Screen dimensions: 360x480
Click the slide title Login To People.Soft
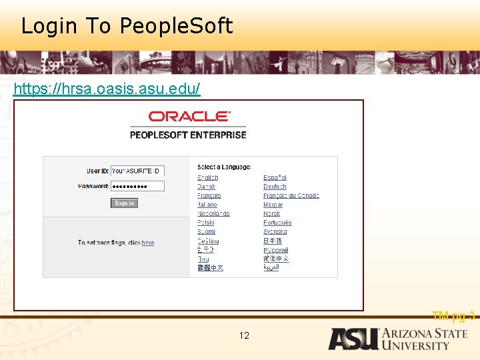(127, 26)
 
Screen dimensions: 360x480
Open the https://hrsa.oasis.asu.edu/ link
(107, 89)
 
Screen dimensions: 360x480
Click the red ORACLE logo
(189, 116)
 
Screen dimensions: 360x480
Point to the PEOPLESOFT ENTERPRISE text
(188, 135)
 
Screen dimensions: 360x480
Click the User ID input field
(137, 171)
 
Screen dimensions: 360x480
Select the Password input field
(137, 186)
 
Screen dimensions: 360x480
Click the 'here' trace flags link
(148, 243)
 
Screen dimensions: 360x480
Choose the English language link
(207, 178)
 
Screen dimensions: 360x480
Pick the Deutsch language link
(275, 187)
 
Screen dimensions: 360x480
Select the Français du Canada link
(291, 196)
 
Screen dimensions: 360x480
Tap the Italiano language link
(207, 205)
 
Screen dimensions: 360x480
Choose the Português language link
(277, 223)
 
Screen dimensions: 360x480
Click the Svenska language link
(275, 231)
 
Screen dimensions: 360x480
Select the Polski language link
(206, 223)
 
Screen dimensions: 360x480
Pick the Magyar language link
(273, 205)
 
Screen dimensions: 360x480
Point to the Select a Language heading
(224, 167)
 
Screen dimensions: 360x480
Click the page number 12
(244, 335)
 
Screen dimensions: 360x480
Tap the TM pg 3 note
(453, 316)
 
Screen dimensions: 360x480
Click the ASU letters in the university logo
(353, 339)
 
